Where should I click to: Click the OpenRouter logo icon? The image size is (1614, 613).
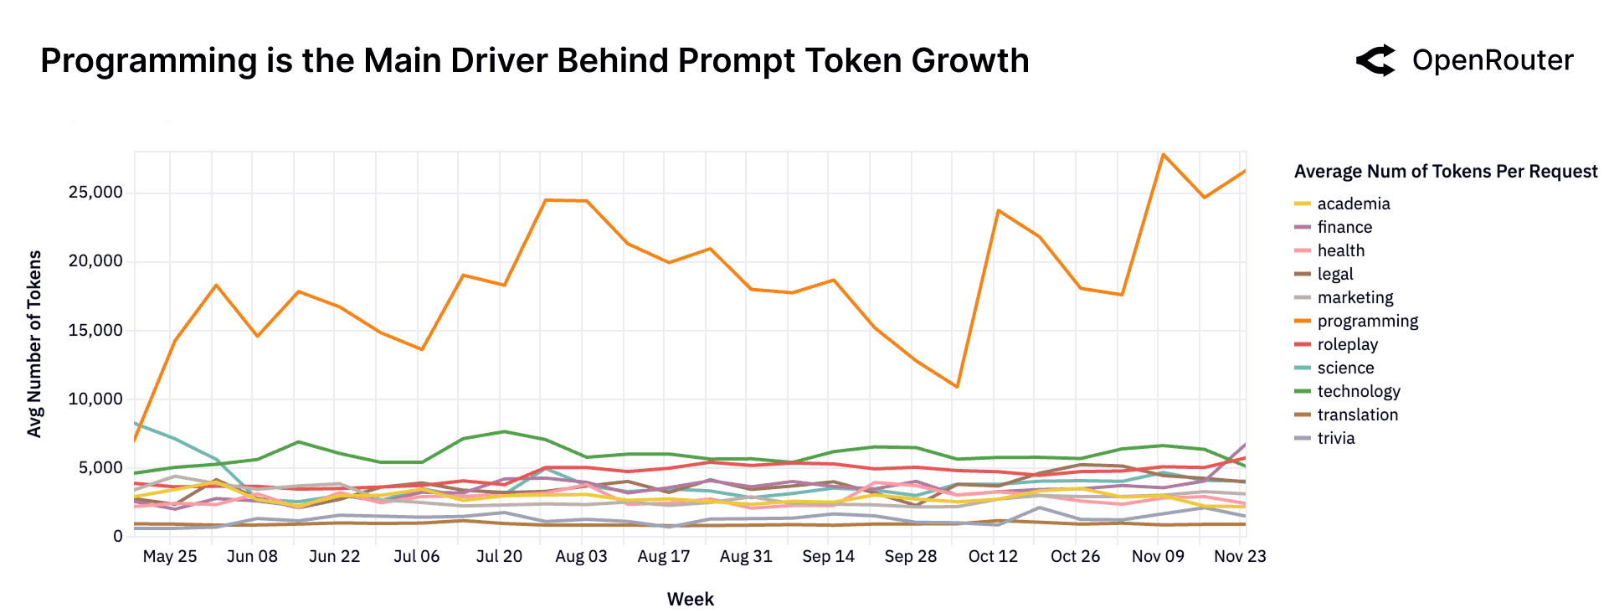coord(1375,60)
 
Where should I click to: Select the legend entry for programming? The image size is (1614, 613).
coord(1367,322)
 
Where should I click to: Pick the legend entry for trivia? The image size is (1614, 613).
coord(1335,439)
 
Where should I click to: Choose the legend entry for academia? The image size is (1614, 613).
coord(1353,204)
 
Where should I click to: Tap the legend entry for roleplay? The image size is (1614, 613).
coord(1347,345)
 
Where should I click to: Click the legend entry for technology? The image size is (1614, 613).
coord(1358,392)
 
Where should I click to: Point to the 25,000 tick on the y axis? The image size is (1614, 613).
coord(95,193)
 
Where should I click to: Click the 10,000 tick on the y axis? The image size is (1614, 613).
coord(95,399)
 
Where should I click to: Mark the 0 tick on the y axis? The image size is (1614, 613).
coord(117,537)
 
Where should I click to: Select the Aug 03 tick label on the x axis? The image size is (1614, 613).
coord(581,557)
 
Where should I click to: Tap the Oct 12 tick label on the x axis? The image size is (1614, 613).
coord(993,557)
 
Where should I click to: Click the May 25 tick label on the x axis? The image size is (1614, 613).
coord(170,557)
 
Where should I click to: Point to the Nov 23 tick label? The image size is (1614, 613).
coord(1240,557)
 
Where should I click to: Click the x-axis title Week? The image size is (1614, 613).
coord(690,600)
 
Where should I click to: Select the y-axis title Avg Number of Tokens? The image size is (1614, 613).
coord(35,343)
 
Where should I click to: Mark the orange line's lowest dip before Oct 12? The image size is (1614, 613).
coord(957,387)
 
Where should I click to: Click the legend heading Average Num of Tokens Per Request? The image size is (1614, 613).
coord(1446,172)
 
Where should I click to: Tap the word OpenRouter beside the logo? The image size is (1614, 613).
coord(1493,60)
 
